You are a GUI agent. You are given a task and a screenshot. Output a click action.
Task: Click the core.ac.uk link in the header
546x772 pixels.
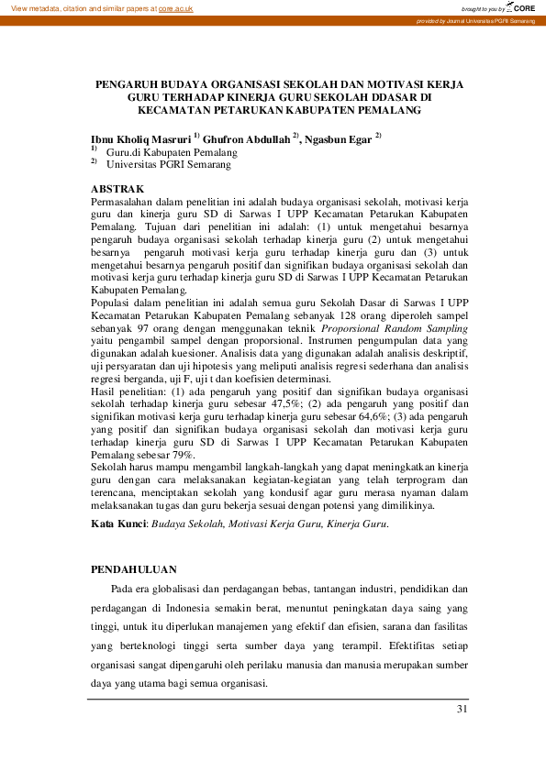click(x=175, y=7)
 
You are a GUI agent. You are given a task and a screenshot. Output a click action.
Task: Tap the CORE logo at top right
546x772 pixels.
click(x=520, y=7)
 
